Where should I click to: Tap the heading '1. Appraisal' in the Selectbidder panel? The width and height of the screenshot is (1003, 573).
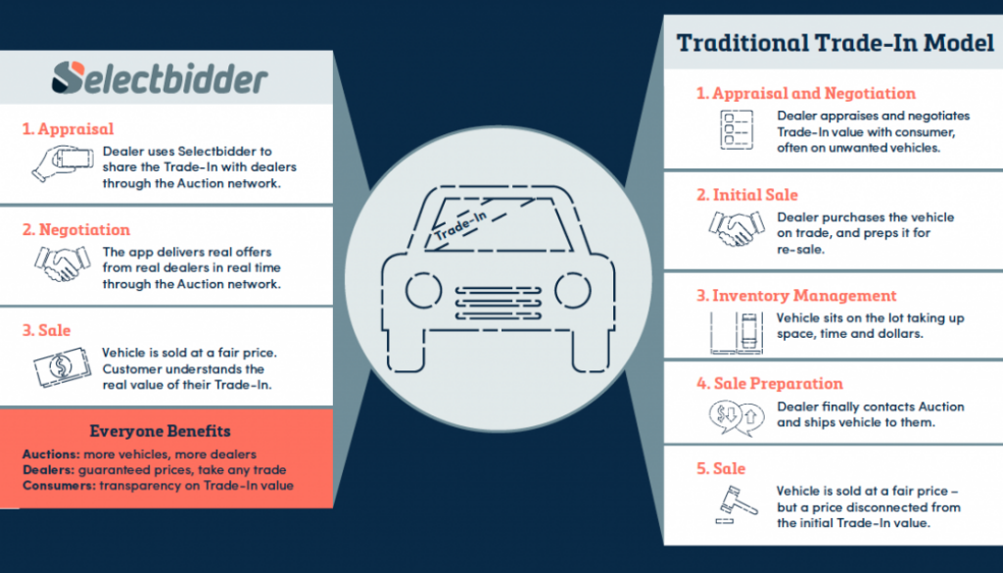pyautogui.click(x=68, y=128)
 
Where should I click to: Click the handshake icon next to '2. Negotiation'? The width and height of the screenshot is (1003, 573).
pyautogui.click(x=60, y=264)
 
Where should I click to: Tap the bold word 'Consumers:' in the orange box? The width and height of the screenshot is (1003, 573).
pyautogui.click(x=56, y=486)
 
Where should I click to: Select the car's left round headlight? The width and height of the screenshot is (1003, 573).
pyautogui.click(x=423, y=289)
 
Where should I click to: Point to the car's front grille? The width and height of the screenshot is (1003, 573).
pyautogui.click(x=498, y=301)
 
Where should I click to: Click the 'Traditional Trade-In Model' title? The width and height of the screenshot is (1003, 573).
pyautogui.click(x=835, y=44)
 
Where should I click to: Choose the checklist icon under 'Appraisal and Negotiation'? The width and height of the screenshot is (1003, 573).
pyautogui.click(x=736, y=128)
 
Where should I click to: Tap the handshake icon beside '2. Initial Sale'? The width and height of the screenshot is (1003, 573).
pyautogui.click(x=735, y=228)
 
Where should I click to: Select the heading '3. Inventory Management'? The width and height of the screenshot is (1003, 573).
pyautogui.click(x=796, y=295)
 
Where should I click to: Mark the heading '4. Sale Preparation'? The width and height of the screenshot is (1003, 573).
pyautogui.click(x=769, y=383)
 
